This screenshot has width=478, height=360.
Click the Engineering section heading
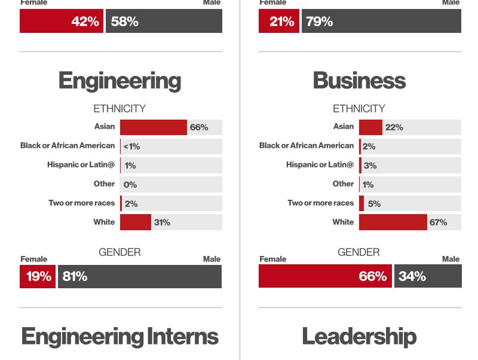pos(119,81)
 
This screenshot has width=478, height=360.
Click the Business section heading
pos(359,81)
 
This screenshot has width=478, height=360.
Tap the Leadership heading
pos(359,336)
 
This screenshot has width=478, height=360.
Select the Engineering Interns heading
pos(119,336)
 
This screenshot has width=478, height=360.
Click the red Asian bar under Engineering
pos(153,127)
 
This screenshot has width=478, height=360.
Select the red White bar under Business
pos(393,222)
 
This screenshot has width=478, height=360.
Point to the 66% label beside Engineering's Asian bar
pos(199,127)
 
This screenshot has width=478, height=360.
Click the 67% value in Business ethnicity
pos(438,222)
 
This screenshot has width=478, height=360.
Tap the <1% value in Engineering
pos(131,147)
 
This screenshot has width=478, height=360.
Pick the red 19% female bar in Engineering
pos(38,276)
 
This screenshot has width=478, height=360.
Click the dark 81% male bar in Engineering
pos(139,276)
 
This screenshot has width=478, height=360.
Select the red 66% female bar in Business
pos(325,276)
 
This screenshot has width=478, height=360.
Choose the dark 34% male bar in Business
pos(428,276)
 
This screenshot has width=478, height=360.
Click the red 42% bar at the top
pos(61,22)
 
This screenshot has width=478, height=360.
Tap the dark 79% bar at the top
pos(381,22)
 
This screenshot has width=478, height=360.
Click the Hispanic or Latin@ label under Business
pos(320,164)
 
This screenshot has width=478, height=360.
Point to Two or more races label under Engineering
pos(81,203)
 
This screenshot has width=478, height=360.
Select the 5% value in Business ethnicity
pos(374,203)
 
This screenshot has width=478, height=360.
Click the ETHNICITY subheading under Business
pos(359,109)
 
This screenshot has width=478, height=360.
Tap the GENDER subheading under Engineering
pos(119,252)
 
